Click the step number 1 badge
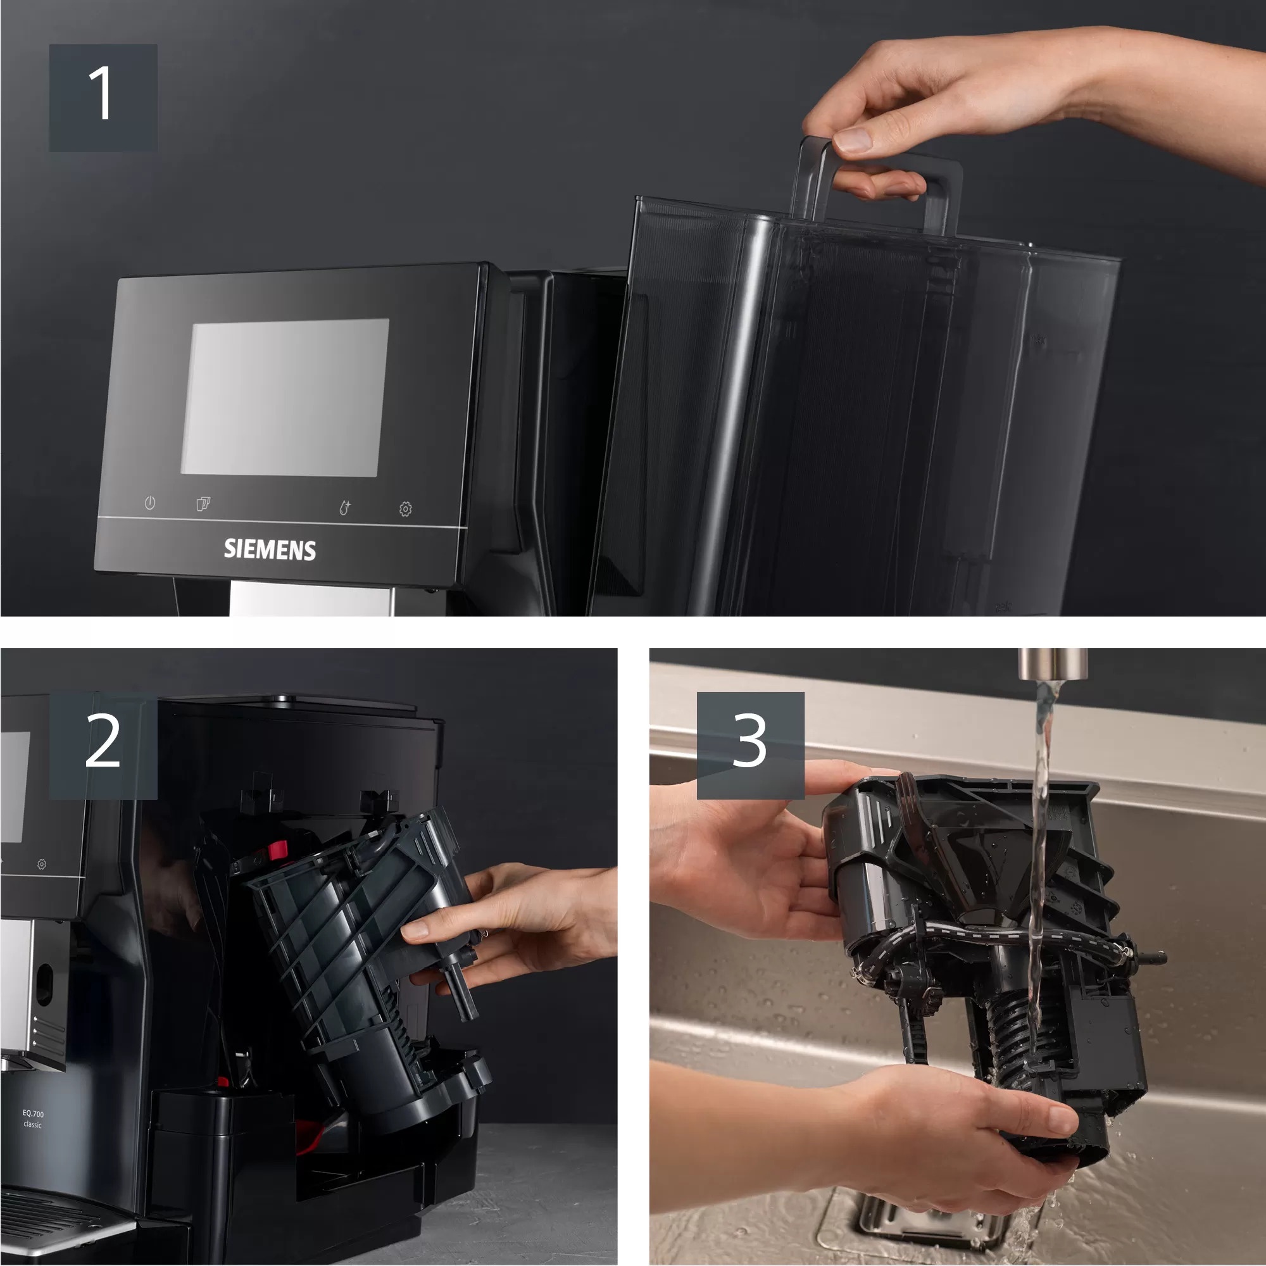coord(103,98)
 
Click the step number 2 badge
coord(103,745)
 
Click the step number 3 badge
coord(750,745)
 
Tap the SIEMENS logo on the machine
coord(270,549)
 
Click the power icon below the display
coord(150,503)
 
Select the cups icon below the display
coord(203,504)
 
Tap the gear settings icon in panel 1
coord(406,509)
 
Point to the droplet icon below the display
coord(345,508)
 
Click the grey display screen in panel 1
coord(285,397)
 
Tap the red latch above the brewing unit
coord(277,851)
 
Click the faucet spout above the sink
coord(1053,664)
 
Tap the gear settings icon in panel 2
coord(42,864)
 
